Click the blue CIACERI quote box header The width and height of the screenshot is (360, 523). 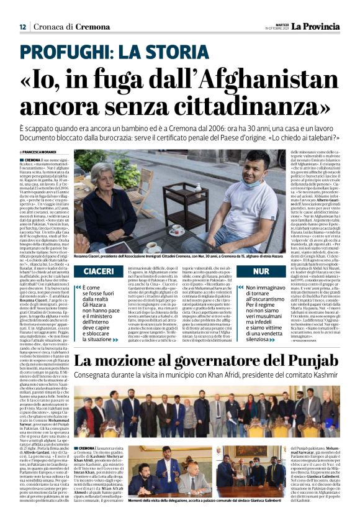coord(98,272)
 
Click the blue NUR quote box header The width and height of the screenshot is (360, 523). coord(261,272)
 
